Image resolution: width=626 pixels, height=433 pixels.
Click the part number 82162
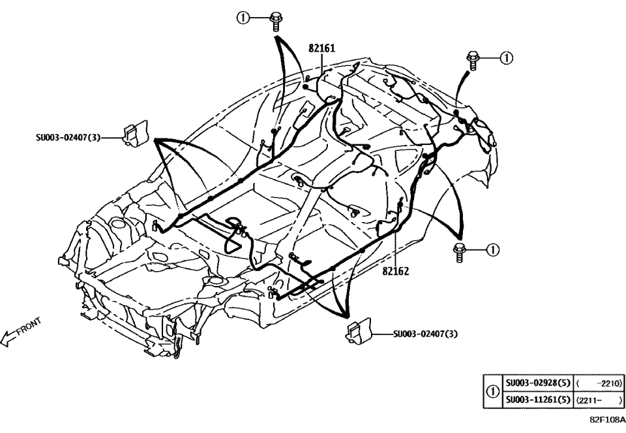click(395, 271)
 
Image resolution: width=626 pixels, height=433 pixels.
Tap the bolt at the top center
click(275, 21)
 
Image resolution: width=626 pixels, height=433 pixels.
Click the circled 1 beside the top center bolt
click(242, 18)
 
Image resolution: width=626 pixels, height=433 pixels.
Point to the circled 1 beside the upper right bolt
click(505, 58)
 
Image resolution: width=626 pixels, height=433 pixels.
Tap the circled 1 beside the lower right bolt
click(493, 249)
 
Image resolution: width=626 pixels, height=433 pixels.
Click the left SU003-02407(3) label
click(68, 138)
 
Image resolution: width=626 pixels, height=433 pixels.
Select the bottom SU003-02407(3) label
click(426, 334)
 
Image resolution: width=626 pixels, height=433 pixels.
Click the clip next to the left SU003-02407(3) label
click(135, 135)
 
